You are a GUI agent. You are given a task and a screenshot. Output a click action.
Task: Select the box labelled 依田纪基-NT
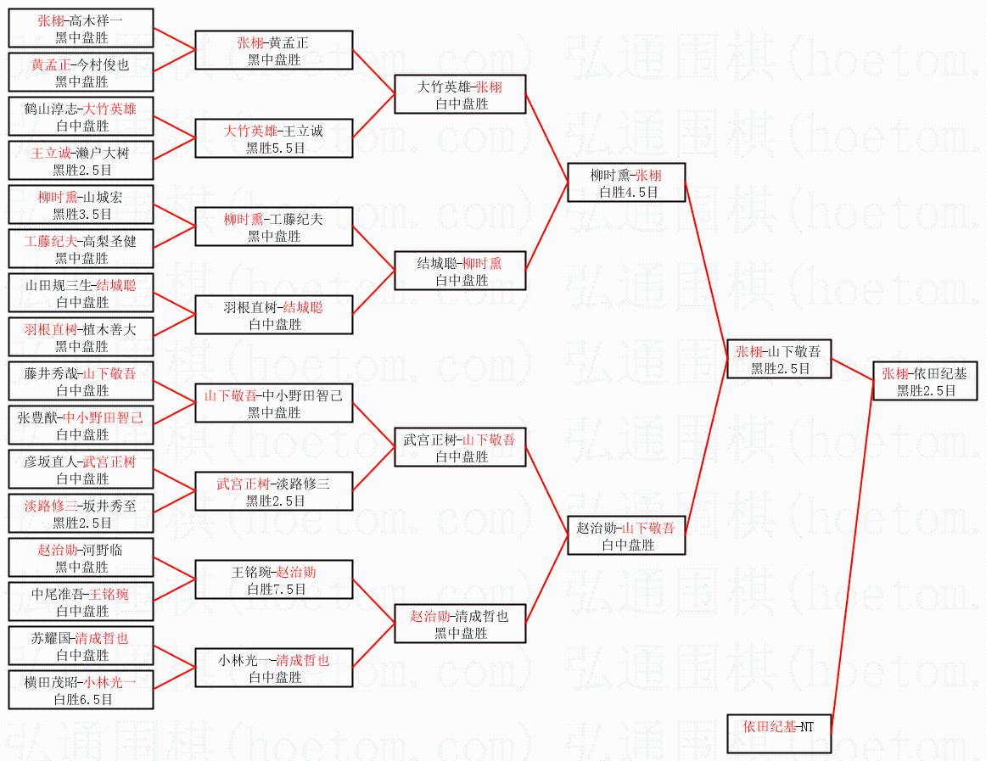point(778,734)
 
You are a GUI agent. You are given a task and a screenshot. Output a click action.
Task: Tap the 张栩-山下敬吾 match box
point(779,360)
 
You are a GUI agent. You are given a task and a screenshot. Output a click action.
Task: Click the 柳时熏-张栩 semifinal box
point(625,183)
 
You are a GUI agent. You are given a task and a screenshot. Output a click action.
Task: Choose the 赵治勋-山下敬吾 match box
point(625,536)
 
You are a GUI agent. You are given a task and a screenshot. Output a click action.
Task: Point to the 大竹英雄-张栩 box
point(459,95)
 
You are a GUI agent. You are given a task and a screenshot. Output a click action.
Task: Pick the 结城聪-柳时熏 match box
point(459,271)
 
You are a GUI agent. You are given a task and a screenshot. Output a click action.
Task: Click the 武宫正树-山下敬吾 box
point(459,448)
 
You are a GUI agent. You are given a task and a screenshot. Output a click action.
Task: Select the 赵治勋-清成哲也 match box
point(459,624)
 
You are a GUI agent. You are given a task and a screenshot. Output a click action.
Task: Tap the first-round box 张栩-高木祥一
point(81,28)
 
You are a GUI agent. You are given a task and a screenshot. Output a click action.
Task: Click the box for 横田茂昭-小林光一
point(81,690)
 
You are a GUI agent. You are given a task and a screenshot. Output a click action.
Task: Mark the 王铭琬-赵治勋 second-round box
point(274,580)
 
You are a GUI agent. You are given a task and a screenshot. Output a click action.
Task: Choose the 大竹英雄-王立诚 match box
point(274,139)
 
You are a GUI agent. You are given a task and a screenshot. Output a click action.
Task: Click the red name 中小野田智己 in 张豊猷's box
point(104,417)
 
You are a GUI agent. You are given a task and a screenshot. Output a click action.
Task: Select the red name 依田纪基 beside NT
point(770,726)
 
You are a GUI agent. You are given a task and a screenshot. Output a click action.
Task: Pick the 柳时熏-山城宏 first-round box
point(81,204)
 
